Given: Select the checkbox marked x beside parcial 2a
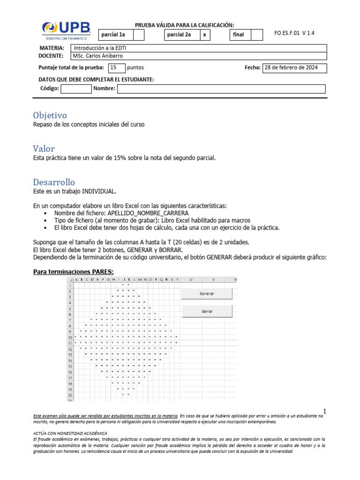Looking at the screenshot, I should [x=204, y=35].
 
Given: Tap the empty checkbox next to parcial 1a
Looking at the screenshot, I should [x=139, y=35].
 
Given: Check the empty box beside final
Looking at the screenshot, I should [x=257, y=35].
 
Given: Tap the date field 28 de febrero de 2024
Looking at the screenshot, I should [x=294, y=67].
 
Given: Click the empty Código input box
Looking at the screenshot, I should [x=76, y=89].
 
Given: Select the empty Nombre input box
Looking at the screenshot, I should [x=221, y=89].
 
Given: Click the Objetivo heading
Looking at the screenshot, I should [x=50, y=115].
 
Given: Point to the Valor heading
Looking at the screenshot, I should [x=44, y=149].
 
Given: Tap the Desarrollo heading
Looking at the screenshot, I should [x=54, y=182].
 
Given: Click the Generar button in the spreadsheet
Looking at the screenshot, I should [x=207, y=293].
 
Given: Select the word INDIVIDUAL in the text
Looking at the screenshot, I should [x=98, y=191].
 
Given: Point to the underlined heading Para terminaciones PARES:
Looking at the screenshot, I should [x=73, y=272].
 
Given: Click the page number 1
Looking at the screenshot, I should [x=324, y=411].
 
